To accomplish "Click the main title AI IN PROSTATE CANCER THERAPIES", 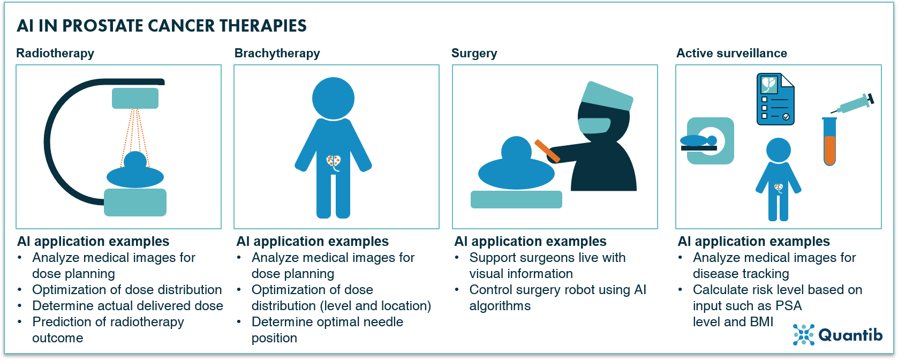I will click(162, 26).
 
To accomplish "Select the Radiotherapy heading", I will click(55, 53).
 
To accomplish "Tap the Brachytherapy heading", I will click(277, 53).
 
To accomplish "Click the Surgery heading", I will click(474, 53).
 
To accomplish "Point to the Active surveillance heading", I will click(731, 53).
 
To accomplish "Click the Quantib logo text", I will click(850, 335).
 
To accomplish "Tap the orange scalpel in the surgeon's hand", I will click(547, 151).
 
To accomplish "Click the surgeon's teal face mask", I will click(594, 125).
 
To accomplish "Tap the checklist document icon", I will click(775, 100).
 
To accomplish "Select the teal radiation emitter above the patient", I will click(135, 99).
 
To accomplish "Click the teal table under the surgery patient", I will click(516, 199).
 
